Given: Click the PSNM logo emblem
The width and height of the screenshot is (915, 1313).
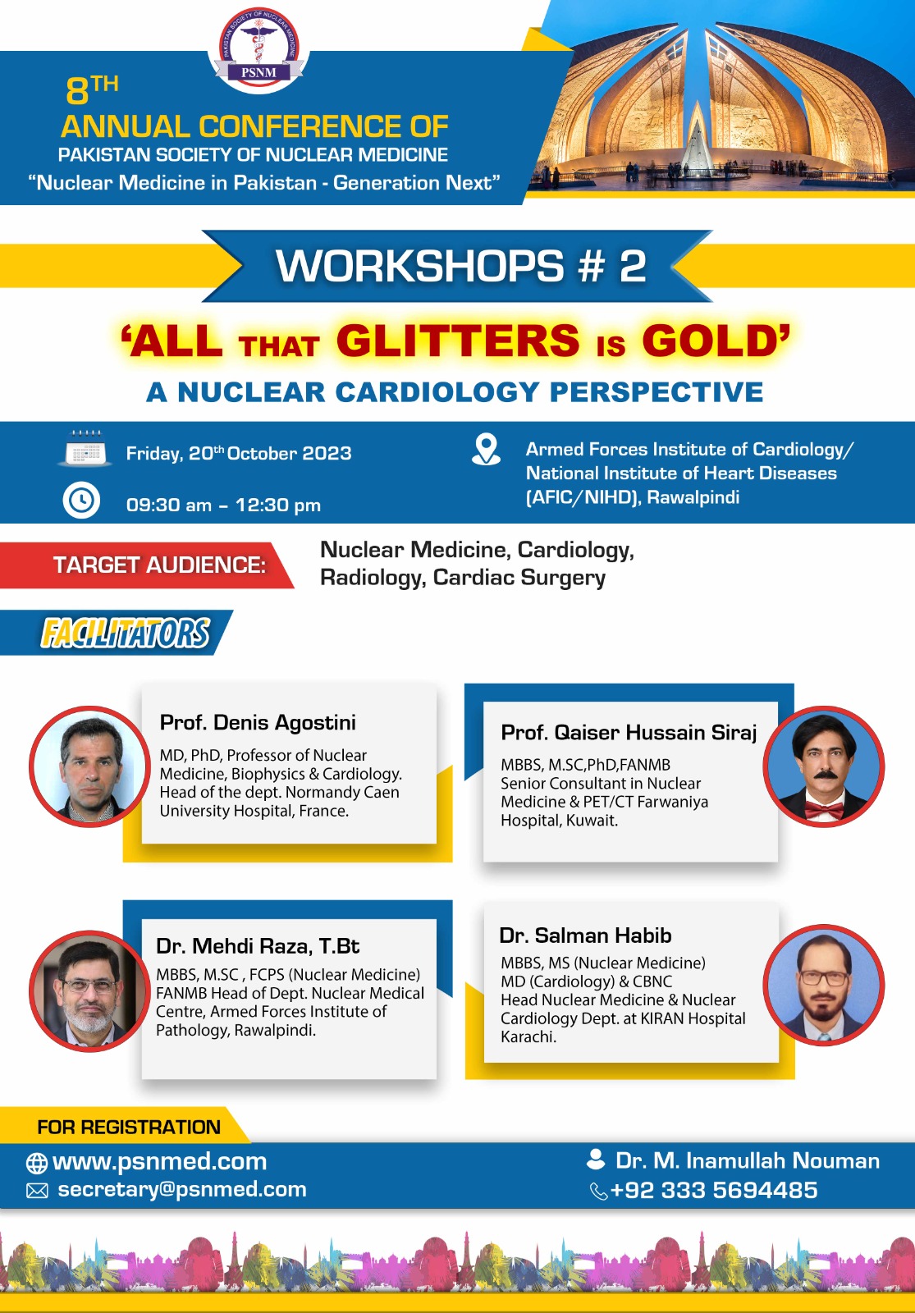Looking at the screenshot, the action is coord(258,50).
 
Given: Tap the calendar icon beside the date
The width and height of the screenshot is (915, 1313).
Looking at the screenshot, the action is coord(85,449).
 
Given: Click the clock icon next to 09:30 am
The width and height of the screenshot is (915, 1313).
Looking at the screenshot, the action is coord(81,500).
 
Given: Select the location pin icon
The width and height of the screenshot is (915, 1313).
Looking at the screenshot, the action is coord(486,450).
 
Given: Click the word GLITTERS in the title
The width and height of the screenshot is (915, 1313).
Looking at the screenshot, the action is coord(457,341).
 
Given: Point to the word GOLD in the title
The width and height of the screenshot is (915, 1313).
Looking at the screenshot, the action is coord(710,341).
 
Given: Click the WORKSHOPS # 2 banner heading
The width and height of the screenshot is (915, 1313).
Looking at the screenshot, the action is coord(460,266).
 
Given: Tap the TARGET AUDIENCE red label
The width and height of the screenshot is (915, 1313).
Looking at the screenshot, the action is coord(147,565).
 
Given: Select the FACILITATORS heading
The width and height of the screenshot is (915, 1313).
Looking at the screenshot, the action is coord(125,633).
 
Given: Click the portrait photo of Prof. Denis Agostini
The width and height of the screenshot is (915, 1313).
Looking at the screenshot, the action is coord(89,766).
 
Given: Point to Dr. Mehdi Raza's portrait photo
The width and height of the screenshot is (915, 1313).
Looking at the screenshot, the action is coord(89,990).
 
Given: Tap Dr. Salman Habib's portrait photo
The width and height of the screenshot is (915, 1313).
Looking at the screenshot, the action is coord(824,986).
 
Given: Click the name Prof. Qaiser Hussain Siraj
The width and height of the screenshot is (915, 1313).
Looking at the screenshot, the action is coord(629,732).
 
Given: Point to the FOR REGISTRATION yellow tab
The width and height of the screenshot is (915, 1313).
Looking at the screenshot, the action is coord(124,1126).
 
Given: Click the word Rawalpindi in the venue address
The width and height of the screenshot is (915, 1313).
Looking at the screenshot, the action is coord(693,497).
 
